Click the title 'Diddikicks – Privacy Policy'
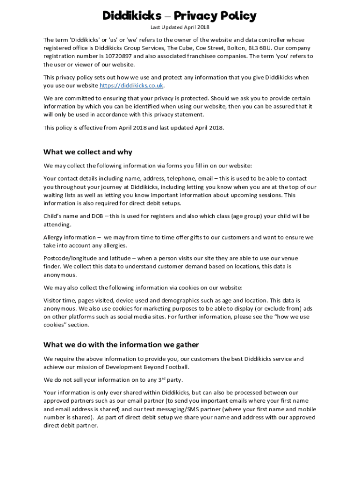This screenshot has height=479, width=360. point(180,16)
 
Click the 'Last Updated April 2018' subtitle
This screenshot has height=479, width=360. point(180,28)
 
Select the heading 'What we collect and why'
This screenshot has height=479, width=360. point(87,152)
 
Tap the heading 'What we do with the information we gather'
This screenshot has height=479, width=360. point(121,345)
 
